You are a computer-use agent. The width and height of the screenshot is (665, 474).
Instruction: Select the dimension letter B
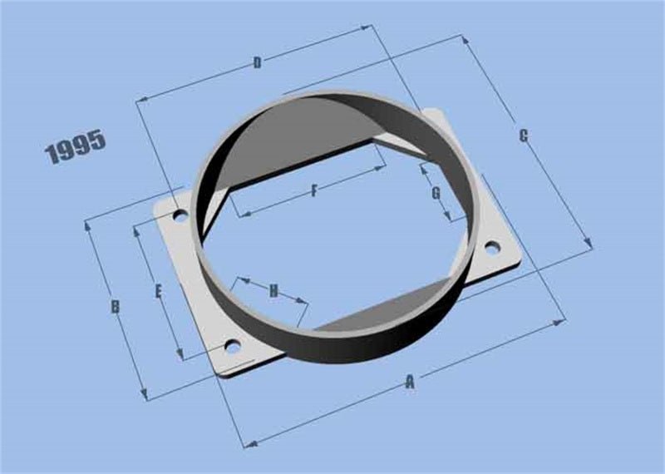pos(116,307)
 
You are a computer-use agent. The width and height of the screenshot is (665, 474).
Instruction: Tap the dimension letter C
pos(524,136)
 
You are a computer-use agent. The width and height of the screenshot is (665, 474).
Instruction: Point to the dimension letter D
pos(258,63)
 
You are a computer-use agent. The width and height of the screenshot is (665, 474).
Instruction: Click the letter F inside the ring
pos(314,191)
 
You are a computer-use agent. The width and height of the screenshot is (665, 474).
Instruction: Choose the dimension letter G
pos(436,194)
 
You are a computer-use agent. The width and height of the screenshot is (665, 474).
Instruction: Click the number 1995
pos(76,146)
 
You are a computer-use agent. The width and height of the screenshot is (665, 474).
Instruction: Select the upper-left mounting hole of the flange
pos(179,216)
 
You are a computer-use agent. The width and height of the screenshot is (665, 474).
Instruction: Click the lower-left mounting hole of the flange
pos(234,345)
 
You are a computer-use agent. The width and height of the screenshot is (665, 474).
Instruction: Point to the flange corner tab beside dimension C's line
pos(434,116)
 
